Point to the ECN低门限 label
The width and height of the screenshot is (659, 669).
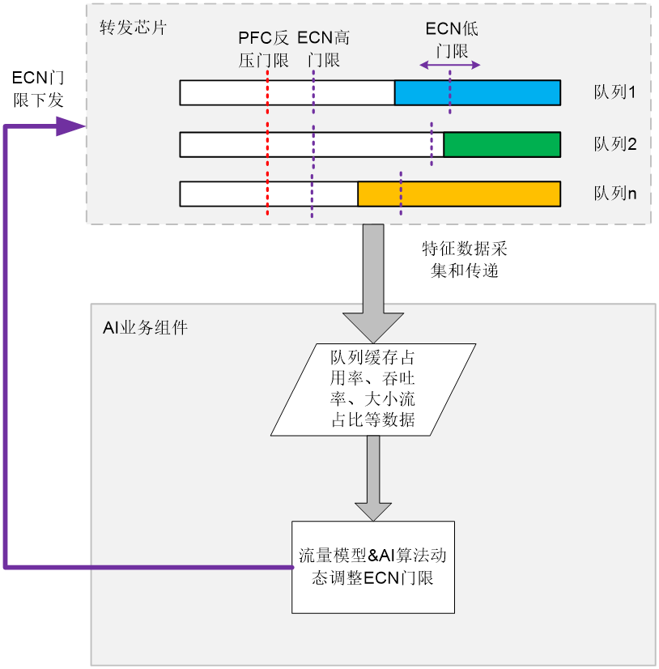453,39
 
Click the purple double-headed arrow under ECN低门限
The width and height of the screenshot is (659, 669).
453,65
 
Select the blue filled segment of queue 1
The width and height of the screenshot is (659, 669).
478,93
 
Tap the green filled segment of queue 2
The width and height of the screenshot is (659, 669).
502,144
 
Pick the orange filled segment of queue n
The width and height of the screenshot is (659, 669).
459,194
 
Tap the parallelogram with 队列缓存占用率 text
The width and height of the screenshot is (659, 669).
373,389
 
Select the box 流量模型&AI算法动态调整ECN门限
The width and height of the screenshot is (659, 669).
373,567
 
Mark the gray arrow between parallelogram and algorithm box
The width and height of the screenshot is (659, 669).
373,478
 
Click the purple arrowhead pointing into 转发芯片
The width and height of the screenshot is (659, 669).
70,126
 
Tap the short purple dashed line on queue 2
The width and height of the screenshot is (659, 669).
432,144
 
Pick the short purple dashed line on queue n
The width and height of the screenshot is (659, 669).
401,193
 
